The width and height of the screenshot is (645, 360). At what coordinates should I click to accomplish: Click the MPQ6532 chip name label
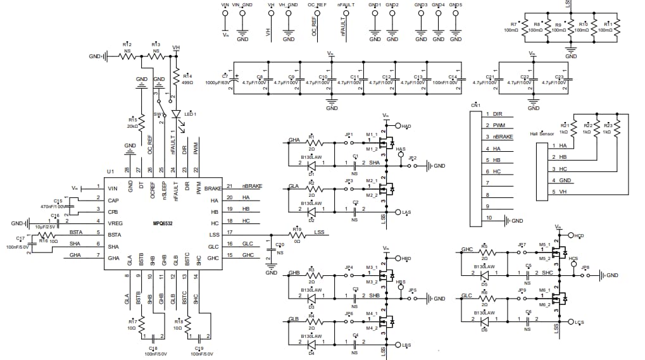(x=163, y=223)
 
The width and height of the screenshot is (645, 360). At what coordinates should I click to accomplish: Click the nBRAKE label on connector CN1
(x=503, y=137)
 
